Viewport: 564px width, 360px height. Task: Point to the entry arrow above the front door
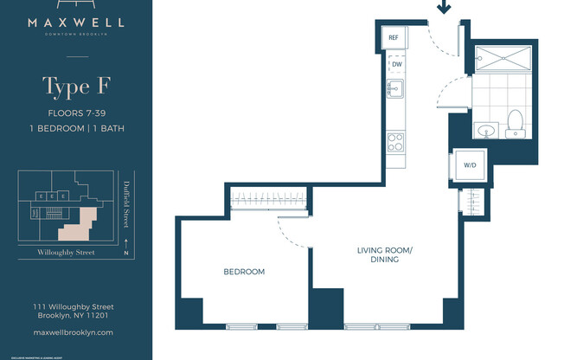(x=445, y=9)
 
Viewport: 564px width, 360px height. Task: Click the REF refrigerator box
(x=393, y=38)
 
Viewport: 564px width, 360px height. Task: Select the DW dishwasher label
(x=396, y=65)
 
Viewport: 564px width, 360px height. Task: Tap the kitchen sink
(x=395, y=89)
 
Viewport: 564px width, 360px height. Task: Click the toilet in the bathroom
(x=516, y=124)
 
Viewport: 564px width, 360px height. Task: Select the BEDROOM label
(x=244, y=272)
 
